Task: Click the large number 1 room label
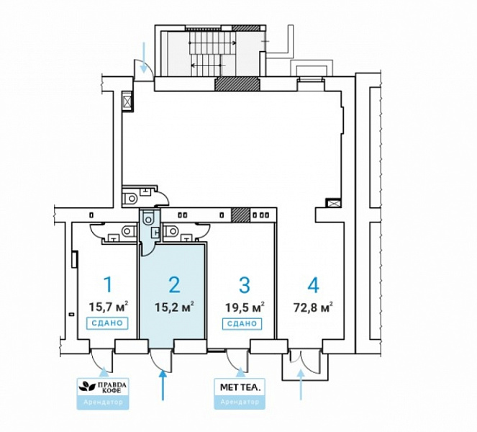[x=109, y=285]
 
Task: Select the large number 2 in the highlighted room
[x=173, y=285]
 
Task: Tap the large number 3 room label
[x=244, y=285]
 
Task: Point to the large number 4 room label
[x=312, y=285]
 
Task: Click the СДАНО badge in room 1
[x=108, y=323]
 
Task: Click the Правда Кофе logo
[x=100, y=387]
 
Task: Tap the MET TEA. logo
[x=240, y=387]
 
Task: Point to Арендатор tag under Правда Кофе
[x=100, y=402]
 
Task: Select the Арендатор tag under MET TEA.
[x=240, y=402]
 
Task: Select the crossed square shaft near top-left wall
[x=127, y=102]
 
